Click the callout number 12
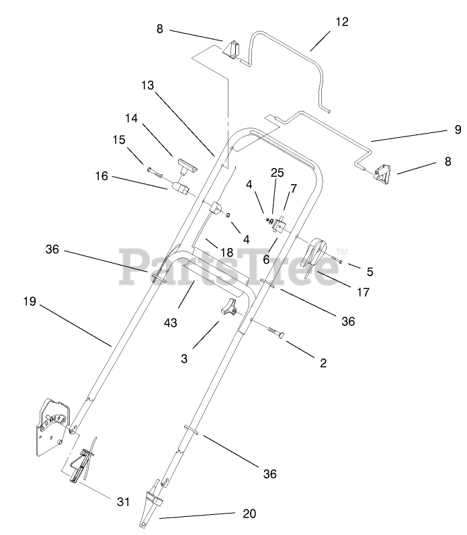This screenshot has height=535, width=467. [342, 22]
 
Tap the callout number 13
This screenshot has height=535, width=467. [148, 85]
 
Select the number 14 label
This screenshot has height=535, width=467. [131, 118]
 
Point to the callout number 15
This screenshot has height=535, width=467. [118, 140]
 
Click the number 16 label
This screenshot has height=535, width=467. [101, 176]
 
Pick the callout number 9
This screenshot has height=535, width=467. [457, 130]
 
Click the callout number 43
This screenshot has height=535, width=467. [170, 323]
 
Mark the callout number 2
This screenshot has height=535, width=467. [323, 363]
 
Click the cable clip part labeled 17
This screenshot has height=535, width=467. [318, 256]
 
